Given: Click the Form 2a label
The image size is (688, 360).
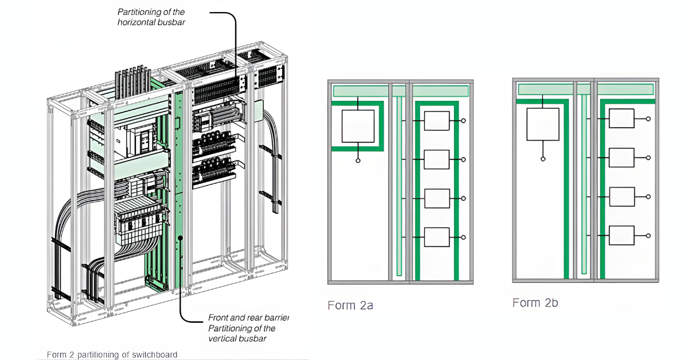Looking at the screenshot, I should point(350,306).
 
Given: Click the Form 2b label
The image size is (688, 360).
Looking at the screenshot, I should point(535,303).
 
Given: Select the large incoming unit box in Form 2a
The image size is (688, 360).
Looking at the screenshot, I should point(358,126).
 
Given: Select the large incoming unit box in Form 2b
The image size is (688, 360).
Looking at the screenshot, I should point(542,124).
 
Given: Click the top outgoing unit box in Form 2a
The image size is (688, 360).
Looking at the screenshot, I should point(436,121).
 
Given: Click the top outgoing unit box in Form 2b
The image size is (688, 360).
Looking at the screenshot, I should point(621,119).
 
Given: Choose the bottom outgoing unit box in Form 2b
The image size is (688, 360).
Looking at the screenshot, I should point(621,235).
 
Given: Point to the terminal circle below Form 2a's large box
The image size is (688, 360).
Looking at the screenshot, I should point(358,161).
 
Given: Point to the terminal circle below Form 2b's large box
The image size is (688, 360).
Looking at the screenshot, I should point(542,159).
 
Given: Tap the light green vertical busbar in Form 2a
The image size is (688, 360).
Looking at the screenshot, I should point(399,183).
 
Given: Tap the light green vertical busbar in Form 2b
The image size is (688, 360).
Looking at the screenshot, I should point(584,183).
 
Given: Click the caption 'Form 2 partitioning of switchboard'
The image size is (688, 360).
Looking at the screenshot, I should point(112,354).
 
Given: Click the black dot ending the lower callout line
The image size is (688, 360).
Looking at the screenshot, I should point(181,237).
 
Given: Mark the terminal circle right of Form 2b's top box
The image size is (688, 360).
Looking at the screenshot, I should point(648,119).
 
